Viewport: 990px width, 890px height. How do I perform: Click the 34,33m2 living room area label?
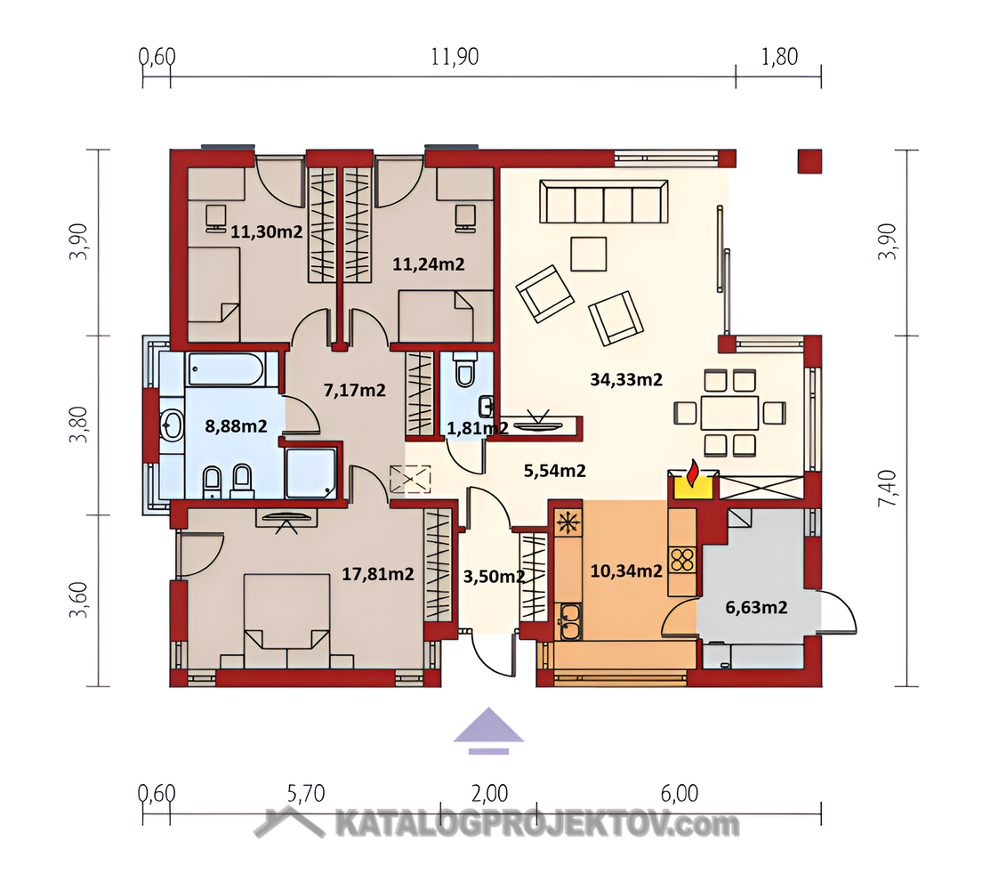(x=625, y=379)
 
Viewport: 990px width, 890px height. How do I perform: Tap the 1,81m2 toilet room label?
(x=478, y=428)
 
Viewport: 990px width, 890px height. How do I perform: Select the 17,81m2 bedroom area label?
(x=377, y=573)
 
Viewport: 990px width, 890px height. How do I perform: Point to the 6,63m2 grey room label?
(x=756, y=607)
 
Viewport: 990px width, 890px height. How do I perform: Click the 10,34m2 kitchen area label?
(x=625, y=570)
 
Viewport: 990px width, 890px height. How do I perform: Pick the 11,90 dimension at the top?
(x=455, y=57)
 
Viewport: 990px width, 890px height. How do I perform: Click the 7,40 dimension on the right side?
(x=887, y=488)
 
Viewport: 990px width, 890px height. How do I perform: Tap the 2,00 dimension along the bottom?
(x=489, y=793)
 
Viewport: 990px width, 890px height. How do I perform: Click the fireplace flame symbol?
(x=693, y=473)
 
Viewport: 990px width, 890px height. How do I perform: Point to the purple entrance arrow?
(x=488, y=730)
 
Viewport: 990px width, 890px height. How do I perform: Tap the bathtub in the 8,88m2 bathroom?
(x=225, y=368)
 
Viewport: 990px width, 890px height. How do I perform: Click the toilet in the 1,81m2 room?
(x=464, y=368)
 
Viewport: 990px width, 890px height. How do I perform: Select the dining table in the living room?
(x=729, y=412)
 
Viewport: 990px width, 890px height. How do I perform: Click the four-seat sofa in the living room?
(x=604, y=201)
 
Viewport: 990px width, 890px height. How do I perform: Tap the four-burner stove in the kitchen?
(x=682, y=560)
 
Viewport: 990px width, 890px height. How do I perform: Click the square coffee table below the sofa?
(x=589, y=254)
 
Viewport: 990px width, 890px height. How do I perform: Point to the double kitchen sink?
(x=569, y=621)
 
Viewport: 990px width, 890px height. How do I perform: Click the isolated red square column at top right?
(x=809, y=161)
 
